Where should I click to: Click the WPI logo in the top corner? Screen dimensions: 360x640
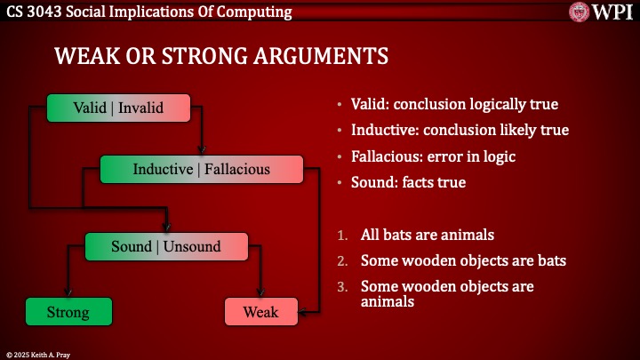pos(603,12)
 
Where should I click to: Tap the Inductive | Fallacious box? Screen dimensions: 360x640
pos(201,169)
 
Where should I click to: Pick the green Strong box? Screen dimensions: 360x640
pos(68,312)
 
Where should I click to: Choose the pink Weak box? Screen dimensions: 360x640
pos(260,312)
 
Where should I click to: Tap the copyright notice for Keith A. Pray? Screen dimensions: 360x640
pos(40,353)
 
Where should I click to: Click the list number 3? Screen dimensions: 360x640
pos(342,287)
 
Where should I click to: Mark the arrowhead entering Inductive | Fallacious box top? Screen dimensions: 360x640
pos(203,150)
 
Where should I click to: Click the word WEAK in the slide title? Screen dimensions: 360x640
pos(84,56)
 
